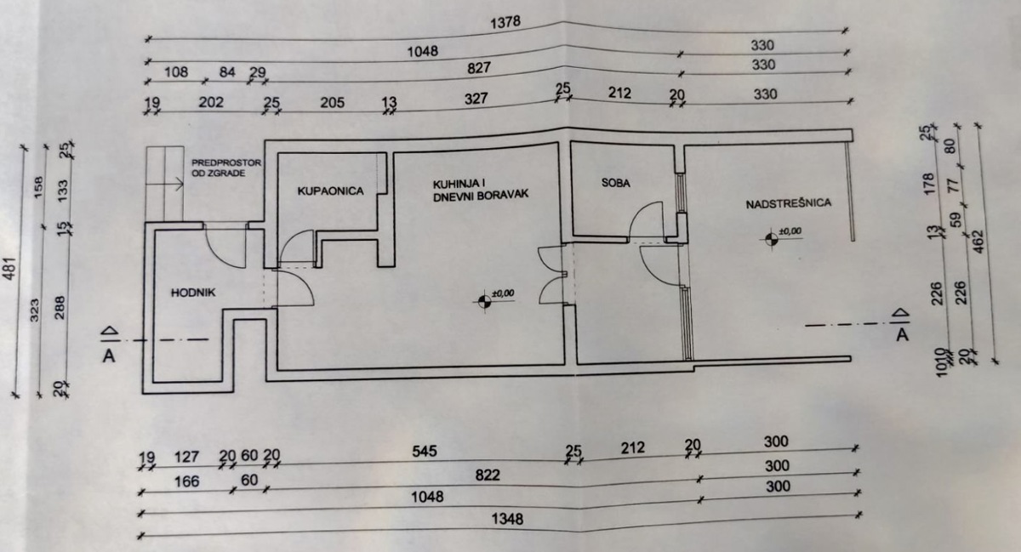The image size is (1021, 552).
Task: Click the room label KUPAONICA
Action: coord(330,191)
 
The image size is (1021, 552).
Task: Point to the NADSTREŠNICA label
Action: coord(788,203)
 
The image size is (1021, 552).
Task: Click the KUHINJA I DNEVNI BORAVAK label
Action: coord(481,188)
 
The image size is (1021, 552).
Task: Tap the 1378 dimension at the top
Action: coord(505,22)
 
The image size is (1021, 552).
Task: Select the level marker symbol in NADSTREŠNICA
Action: coord(771,237)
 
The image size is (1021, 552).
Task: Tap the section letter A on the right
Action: coord(903,334)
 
